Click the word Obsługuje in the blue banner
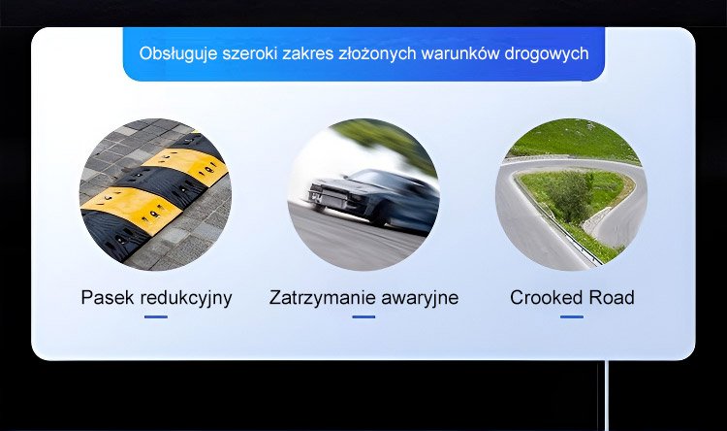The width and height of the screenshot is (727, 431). [x=178, y=54]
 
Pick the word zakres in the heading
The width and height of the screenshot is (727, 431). [x=308, y=54]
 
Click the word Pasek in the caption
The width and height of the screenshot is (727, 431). [x=108, y=298]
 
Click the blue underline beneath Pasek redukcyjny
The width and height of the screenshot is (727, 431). [x=156, y=317]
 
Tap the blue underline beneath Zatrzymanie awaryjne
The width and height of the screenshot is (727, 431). [x=363, y=317]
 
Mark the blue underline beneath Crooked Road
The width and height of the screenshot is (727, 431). [x=572, y=317]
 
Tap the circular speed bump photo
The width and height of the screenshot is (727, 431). [x=155, y=194]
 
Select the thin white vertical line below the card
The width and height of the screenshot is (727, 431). [x=607, y=396]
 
